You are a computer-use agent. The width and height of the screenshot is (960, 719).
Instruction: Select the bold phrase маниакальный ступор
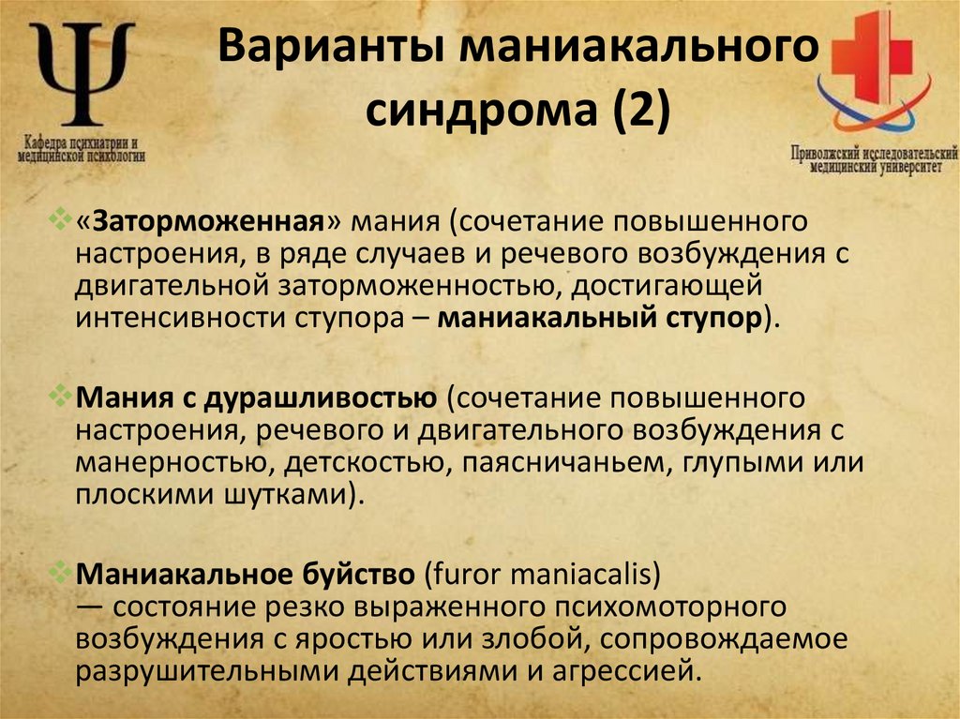(600, 316)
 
